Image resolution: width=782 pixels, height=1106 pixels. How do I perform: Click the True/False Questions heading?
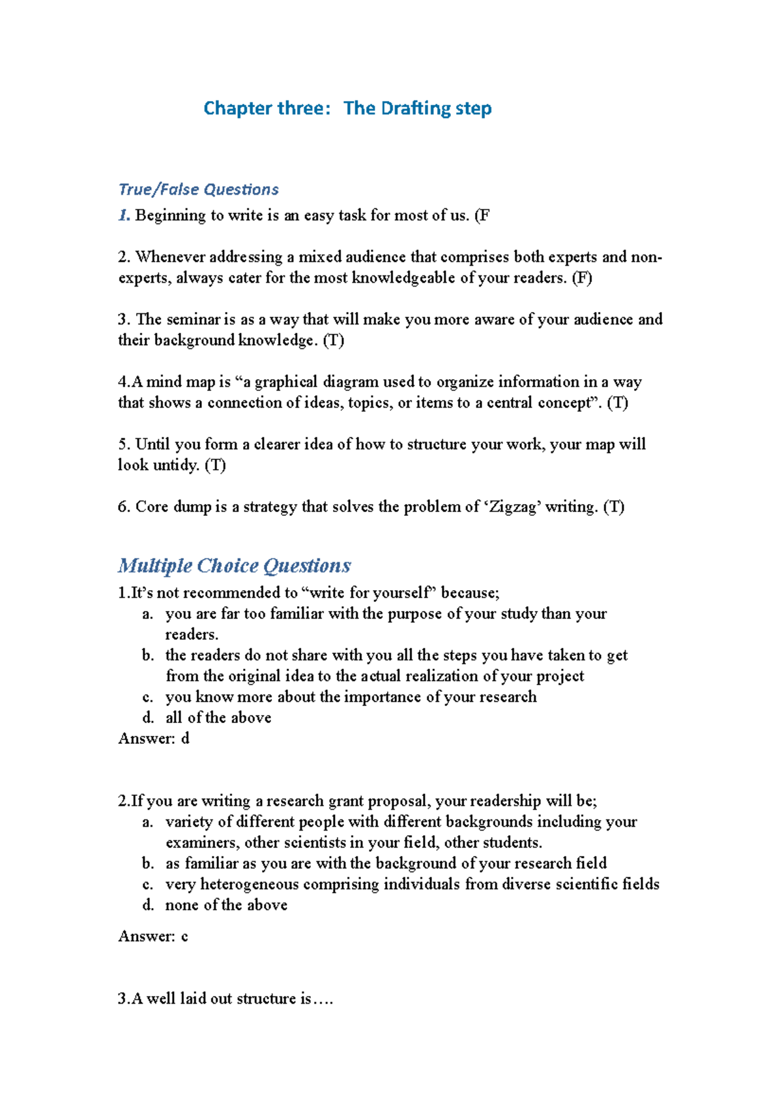(198, 190)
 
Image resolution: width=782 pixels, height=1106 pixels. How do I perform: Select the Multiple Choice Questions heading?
(234, 565)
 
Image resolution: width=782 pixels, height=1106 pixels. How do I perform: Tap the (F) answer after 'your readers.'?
(581, 278)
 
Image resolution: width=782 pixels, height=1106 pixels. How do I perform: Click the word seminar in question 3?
(194, 319)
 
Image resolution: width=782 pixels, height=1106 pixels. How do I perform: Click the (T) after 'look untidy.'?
(215, 465)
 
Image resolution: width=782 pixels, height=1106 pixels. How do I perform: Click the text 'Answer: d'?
(154, 739)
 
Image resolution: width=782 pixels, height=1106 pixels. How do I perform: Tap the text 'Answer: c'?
(153, 937)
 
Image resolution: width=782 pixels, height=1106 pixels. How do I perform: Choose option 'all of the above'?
(218, 718)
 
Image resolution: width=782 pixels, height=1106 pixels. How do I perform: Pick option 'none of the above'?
(226, 905)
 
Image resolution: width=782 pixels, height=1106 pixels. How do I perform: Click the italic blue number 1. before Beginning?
(124, 216)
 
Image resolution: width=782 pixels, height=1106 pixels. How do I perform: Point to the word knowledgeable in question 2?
(403, 278)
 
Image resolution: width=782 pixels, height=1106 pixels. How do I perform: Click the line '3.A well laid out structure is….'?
(225, 999)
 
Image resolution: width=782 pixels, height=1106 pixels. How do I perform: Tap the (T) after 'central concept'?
(617, 403)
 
